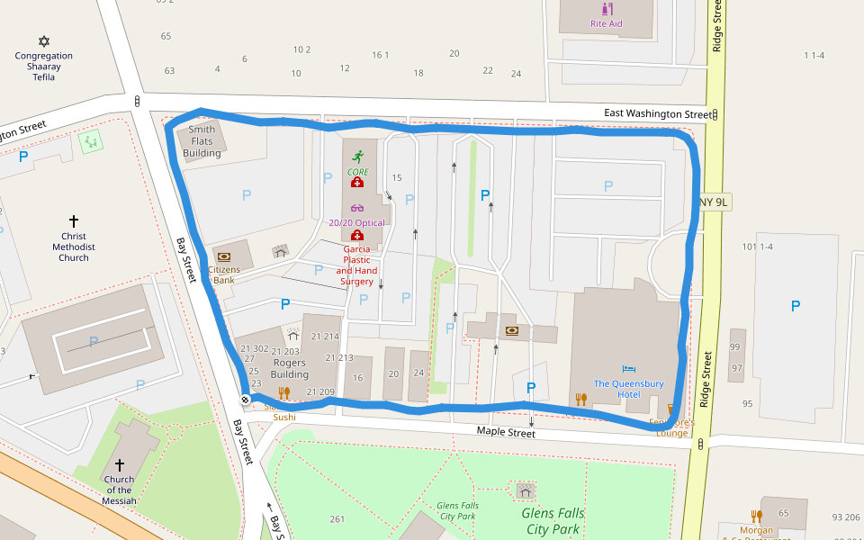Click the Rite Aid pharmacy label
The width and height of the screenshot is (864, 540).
point(606,23)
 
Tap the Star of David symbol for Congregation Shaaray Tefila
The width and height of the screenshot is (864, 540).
point(43,41)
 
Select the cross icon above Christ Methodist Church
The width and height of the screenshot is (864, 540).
point(74,220)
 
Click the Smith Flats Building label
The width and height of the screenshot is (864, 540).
point(202,141)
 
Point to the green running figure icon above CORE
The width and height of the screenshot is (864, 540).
point(357,156)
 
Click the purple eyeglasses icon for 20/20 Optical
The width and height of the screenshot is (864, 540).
point(357,208)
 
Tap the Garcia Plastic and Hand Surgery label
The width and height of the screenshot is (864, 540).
point(356,265)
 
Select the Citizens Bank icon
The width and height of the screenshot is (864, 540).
point(224,256)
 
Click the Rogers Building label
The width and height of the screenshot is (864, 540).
point(290,368)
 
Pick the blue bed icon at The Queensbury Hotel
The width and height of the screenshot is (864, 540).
point(628,369)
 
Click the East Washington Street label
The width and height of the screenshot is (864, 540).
point(657,114)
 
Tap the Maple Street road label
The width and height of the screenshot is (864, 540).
point(506,433)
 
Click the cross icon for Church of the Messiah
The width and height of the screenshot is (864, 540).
point(119,464)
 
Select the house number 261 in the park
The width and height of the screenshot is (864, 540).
point(337,518)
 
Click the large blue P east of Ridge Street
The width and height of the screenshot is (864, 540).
point(795,307)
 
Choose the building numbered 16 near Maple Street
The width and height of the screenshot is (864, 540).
point(358,378)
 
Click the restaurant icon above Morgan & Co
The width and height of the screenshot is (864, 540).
point(757,517)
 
